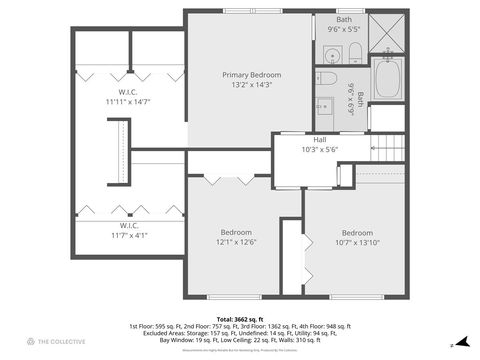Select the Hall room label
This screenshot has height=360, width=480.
320,140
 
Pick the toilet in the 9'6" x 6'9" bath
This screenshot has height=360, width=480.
327,79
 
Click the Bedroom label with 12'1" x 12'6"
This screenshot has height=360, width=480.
236,232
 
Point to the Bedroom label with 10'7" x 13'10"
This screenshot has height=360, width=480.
356,232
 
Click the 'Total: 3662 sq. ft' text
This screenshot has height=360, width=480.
239,318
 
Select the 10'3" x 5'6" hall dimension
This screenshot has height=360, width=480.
320,149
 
